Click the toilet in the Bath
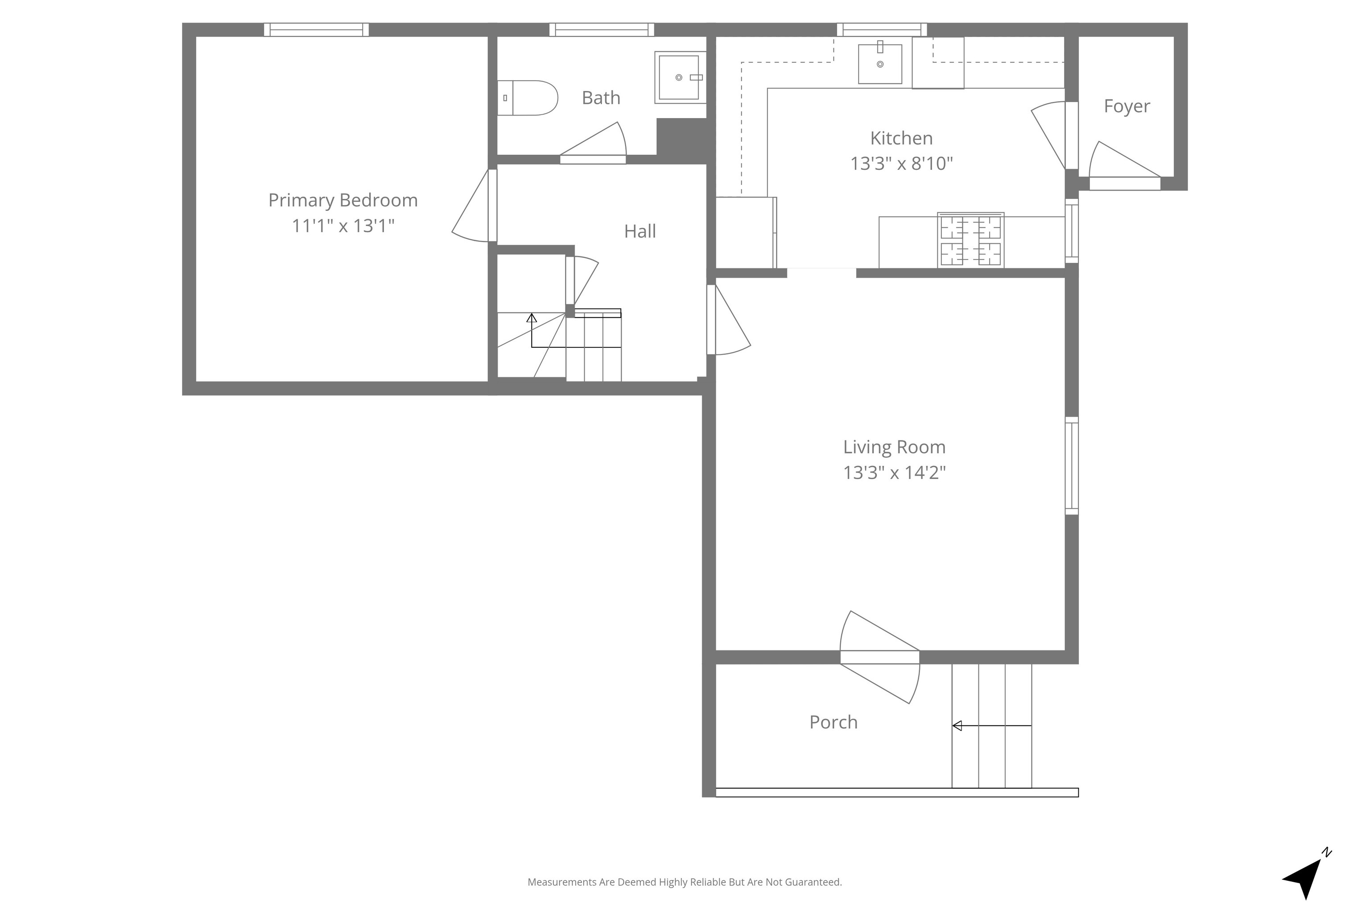[x=527, y=98]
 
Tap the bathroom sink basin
[x=679, y=78]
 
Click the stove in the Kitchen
[x=970, y=240]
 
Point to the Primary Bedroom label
[x=343, y=200]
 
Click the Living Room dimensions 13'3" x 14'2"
[x=894, y=472]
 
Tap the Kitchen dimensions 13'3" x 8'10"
[x=901, y=164]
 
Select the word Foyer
[x=1127, y=107]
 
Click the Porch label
[x=834, y=722]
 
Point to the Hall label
[x=640, y=231]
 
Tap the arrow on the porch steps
[x=991, y=725]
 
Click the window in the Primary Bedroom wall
[x=316, y=30]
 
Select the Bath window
[x=602, y=30]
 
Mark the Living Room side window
[x=1071, y=466]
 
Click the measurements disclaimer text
[x=685, y=882]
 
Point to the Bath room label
[x=601, y=98]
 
